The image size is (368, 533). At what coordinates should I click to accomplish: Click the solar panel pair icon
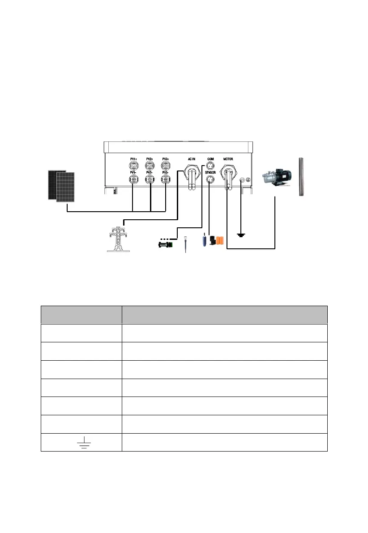pos(61,185)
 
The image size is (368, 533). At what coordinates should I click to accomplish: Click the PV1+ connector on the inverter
pos(133,165)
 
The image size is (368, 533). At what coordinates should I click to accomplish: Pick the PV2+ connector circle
pos(150,165)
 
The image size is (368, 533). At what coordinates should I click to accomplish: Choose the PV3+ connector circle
pos(166,165)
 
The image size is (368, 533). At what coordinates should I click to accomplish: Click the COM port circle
pos(210,165)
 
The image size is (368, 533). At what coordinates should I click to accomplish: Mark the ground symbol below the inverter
pos(241,235)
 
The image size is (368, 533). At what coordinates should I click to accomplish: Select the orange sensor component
pos(219,241)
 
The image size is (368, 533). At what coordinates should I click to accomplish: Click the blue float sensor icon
pos(204,240)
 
